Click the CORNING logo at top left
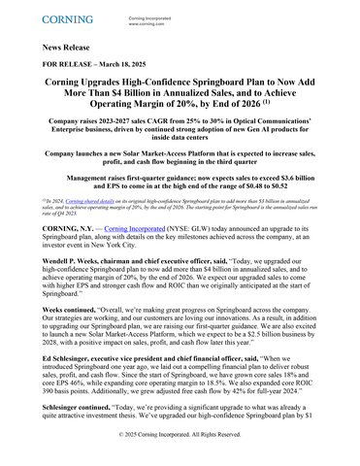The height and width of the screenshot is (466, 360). point(66,18)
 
